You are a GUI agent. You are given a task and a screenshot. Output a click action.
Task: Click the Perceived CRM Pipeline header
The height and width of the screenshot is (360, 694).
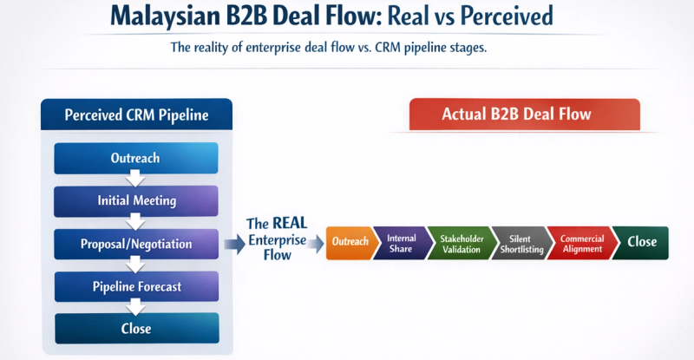pos(136,115)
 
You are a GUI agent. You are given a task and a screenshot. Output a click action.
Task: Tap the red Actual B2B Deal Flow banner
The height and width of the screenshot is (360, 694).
pos(524,115)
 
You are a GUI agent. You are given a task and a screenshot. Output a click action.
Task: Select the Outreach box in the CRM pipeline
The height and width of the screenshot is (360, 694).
pos(135,159)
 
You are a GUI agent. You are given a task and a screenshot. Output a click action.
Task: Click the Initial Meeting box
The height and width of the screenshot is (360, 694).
pos(136,201)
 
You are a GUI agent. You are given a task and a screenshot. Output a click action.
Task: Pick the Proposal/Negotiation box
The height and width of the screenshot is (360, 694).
pos(136,244)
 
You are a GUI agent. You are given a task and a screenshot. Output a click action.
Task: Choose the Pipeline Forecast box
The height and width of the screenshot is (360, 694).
pos(136,286)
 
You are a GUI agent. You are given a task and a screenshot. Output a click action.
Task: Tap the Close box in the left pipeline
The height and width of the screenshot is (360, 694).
pos(136,329)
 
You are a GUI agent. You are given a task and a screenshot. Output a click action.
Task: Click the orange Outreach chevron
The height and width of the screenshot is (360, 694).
pos(350,242)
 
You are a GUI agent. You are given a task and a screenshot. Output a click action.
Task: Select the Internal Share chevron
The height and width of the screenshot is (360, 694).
pos(402,243)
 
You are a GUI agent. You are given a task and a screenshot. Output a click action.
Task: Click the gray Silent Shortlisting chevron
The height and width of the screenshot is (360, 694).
pos(520,243)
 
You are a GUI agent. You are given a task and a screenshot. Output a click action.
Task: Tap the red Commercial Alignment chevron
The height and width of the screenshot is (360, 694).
pos(579,243)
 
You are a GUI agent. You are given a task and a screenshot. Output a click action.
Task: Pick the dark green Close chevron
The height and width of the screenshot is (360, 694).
pos(642,243)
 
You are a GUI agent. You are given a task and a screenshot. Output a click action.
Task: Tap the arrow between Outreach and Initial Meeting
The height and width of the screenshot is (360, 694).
pos(134,180)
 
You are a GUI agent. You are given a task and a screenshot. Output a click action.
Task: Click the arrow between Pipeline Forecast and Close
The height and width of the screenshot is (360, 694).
pos(134,307)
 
